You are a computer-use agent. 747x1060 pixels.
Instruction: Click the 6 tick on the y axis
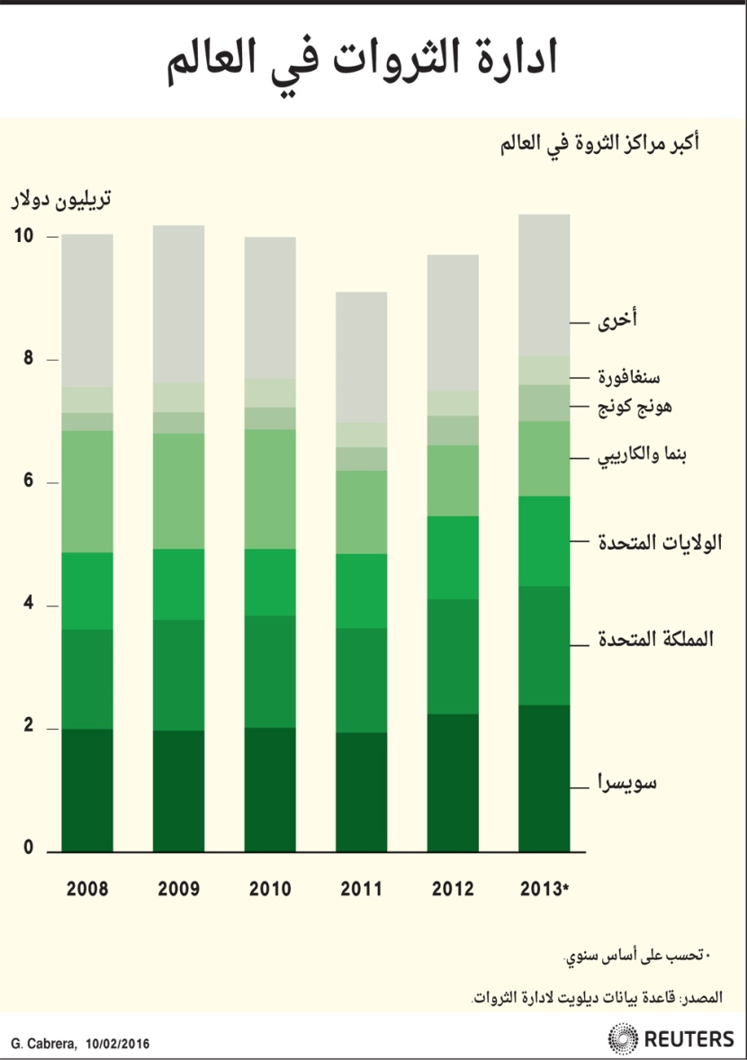[27, 482]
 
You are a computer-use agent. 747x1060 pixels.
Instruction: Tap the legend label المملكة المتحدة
[656, 640]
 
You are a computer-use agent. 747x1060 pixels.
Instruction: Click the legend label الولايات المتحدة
[661, 542]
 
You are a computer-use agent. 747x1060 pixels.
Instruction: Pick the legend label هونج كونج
[634, 407]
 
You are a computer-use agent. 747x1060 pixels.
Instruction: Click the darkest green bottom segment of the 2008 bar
[87, 790]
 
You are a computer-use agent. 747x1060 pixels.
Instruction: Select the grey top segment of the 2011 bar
[362, 356]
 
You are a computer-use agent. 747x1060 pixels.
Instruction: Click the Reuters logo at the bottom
[671, 1038]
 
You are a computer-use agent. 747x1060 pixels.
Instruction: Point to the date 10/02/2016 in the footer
[118, 1044]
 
